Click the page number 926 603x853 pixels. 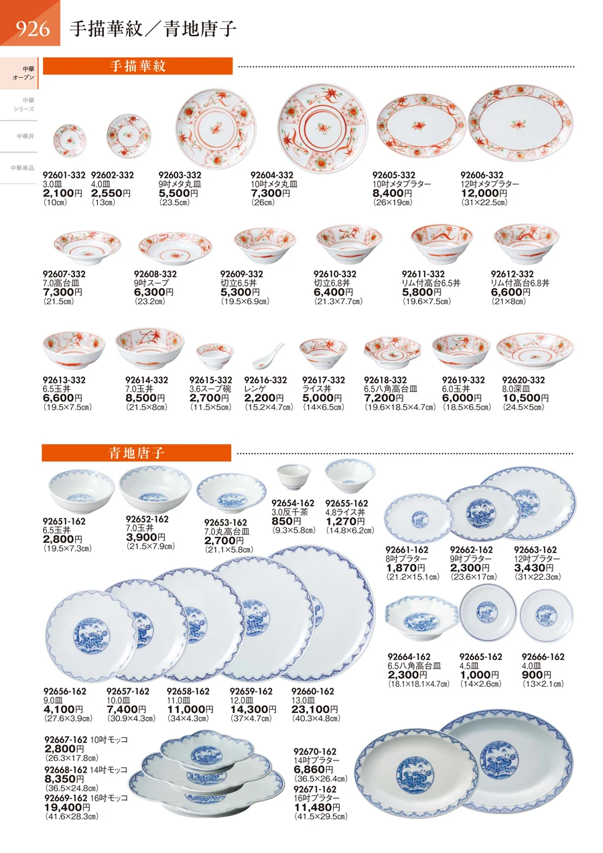coord(33,29)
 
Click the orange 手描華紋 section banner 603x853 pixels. coord(137,66)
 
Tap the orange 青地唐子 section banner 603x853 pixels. coord(136,453)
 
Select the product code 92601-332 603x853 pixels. coord(64,175)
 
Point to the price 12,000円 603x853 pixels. coord(484,194)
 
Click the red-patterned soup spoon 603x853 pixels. coord(269,356)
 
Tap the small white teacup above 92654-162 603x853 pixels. coord(293,476)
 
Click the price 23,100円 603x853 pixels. coord(314,709)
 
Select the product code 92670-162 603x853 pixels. coord(315,751)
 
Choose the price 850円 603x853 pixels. coord(286,521)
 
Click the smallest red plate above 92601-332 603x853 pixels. coord(69,140)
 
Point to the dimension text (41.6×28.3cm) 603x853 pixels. coord(72,816)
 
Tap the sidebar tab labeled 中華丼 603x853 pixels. coord(25,136)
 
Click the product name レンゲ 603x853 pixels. coord(255,389)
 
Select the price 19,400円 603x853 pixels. coord(68,807)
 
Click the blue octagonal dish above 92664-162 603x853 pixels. coord(422,618)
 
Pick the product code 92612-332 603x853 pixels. coord(512,274)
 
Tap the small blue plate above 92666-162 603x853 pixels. coord(546,616)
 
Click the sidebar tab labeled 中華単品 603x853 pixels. coord(23,168)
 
